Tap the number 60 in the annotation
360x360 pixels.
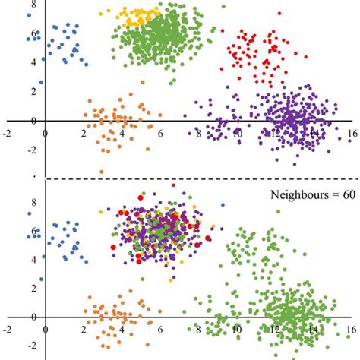point(346,194)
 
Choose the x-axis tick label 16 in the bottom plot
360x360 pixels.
point(351,329)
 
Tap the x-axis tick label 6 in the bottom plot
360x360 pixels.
point(160,329)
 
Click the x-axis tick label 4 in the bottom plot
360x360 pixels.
point(122,329)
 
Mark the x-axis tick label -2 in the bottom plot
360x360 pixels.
point(8,329)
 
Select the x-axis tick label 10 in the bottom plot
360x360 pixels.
point(236,329)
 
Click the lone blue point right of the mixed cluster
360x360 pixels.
point(223,204)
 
